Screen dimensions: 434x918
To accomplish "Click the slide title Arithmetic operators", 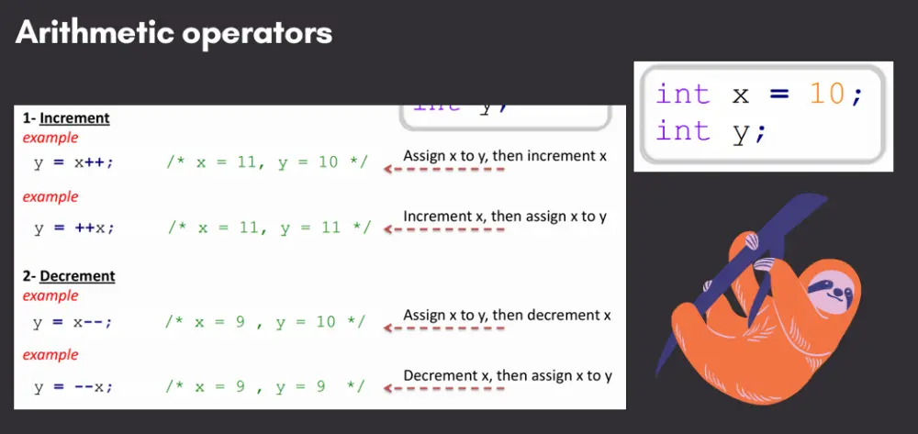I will click(174, 33).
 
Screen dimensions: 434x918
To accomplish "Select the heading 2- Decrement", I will click(69, 276).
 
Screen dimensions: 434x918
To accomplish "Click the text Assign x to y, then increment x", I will click(505, 156).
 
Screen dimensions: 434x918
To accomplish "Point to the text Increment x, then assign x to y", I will click(505, 217).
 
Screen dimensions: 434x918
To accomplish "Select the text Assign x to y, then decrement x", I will click(507, 315).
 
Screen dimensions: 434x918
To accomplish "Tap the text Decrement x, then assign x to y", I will click(508, 375).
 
